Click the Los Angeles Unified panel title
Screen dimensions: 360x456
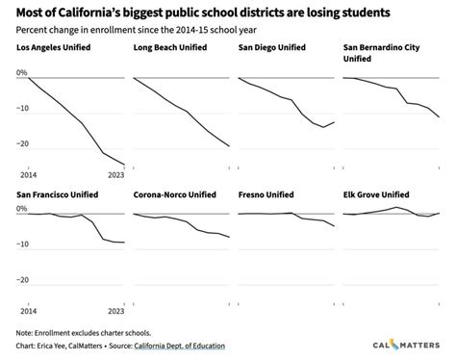point(64,47)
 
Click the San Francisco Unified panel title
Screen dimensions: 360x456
point(66,193)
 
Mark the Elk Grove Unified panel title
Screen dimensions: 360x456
point(376,193)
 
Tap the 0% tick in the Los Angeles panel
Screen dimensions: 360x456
point(21,72)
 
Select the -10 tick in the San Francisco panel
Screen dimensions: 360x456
point(21,244)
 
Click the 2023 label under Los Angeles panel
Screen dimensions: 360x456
point(115,175)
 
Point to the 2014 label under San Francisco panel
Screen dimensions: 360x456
point(28,311)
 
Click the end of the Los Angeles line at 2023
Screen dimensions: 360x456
point(125,165)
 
